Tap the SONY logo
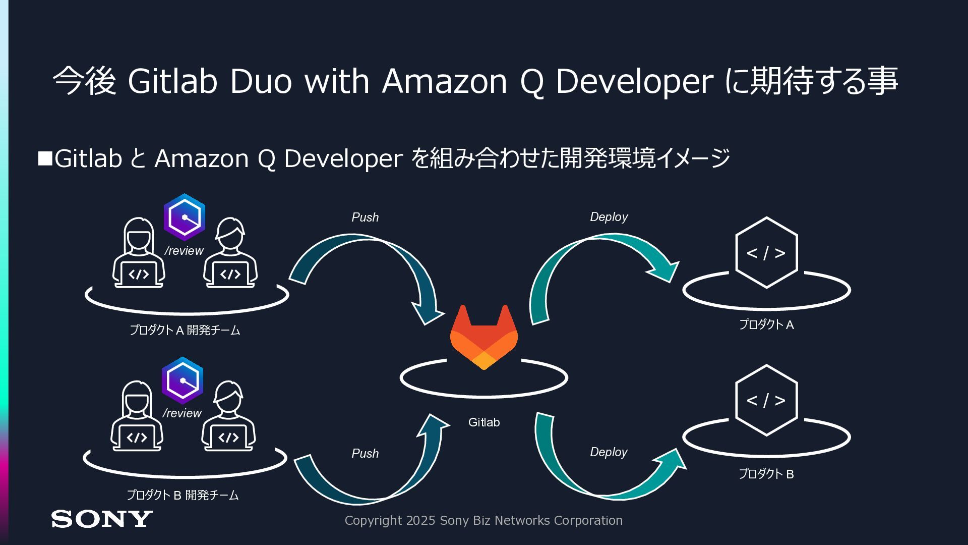101,519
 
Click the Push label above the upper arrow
365,217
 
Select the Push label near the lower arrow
365,454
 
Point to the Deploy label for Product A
609,217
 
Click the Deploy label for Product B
609,452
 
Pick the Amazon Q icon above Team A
185,217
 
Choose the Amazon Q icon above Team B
183,380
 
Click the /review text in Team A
184,251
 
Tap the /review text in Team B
182,413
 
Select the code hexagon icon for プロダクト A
766,253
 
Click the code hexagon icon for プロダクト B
766,400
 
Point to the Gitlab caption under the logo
484,422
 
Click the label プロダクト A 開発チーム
185,330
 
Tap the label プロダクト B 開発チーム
183,495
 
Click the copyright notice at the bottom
483,520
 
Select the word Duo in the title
261,81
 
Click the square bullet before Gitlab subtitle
45,158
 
